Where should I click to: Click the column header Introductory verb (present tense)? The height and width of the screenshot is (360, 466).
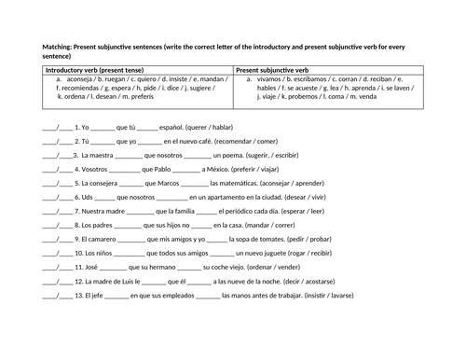100,70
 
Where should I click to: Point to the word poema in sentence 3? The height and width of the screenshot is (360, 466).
238,154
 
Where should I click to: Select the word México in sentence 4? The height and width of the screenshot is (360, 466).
222,169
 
